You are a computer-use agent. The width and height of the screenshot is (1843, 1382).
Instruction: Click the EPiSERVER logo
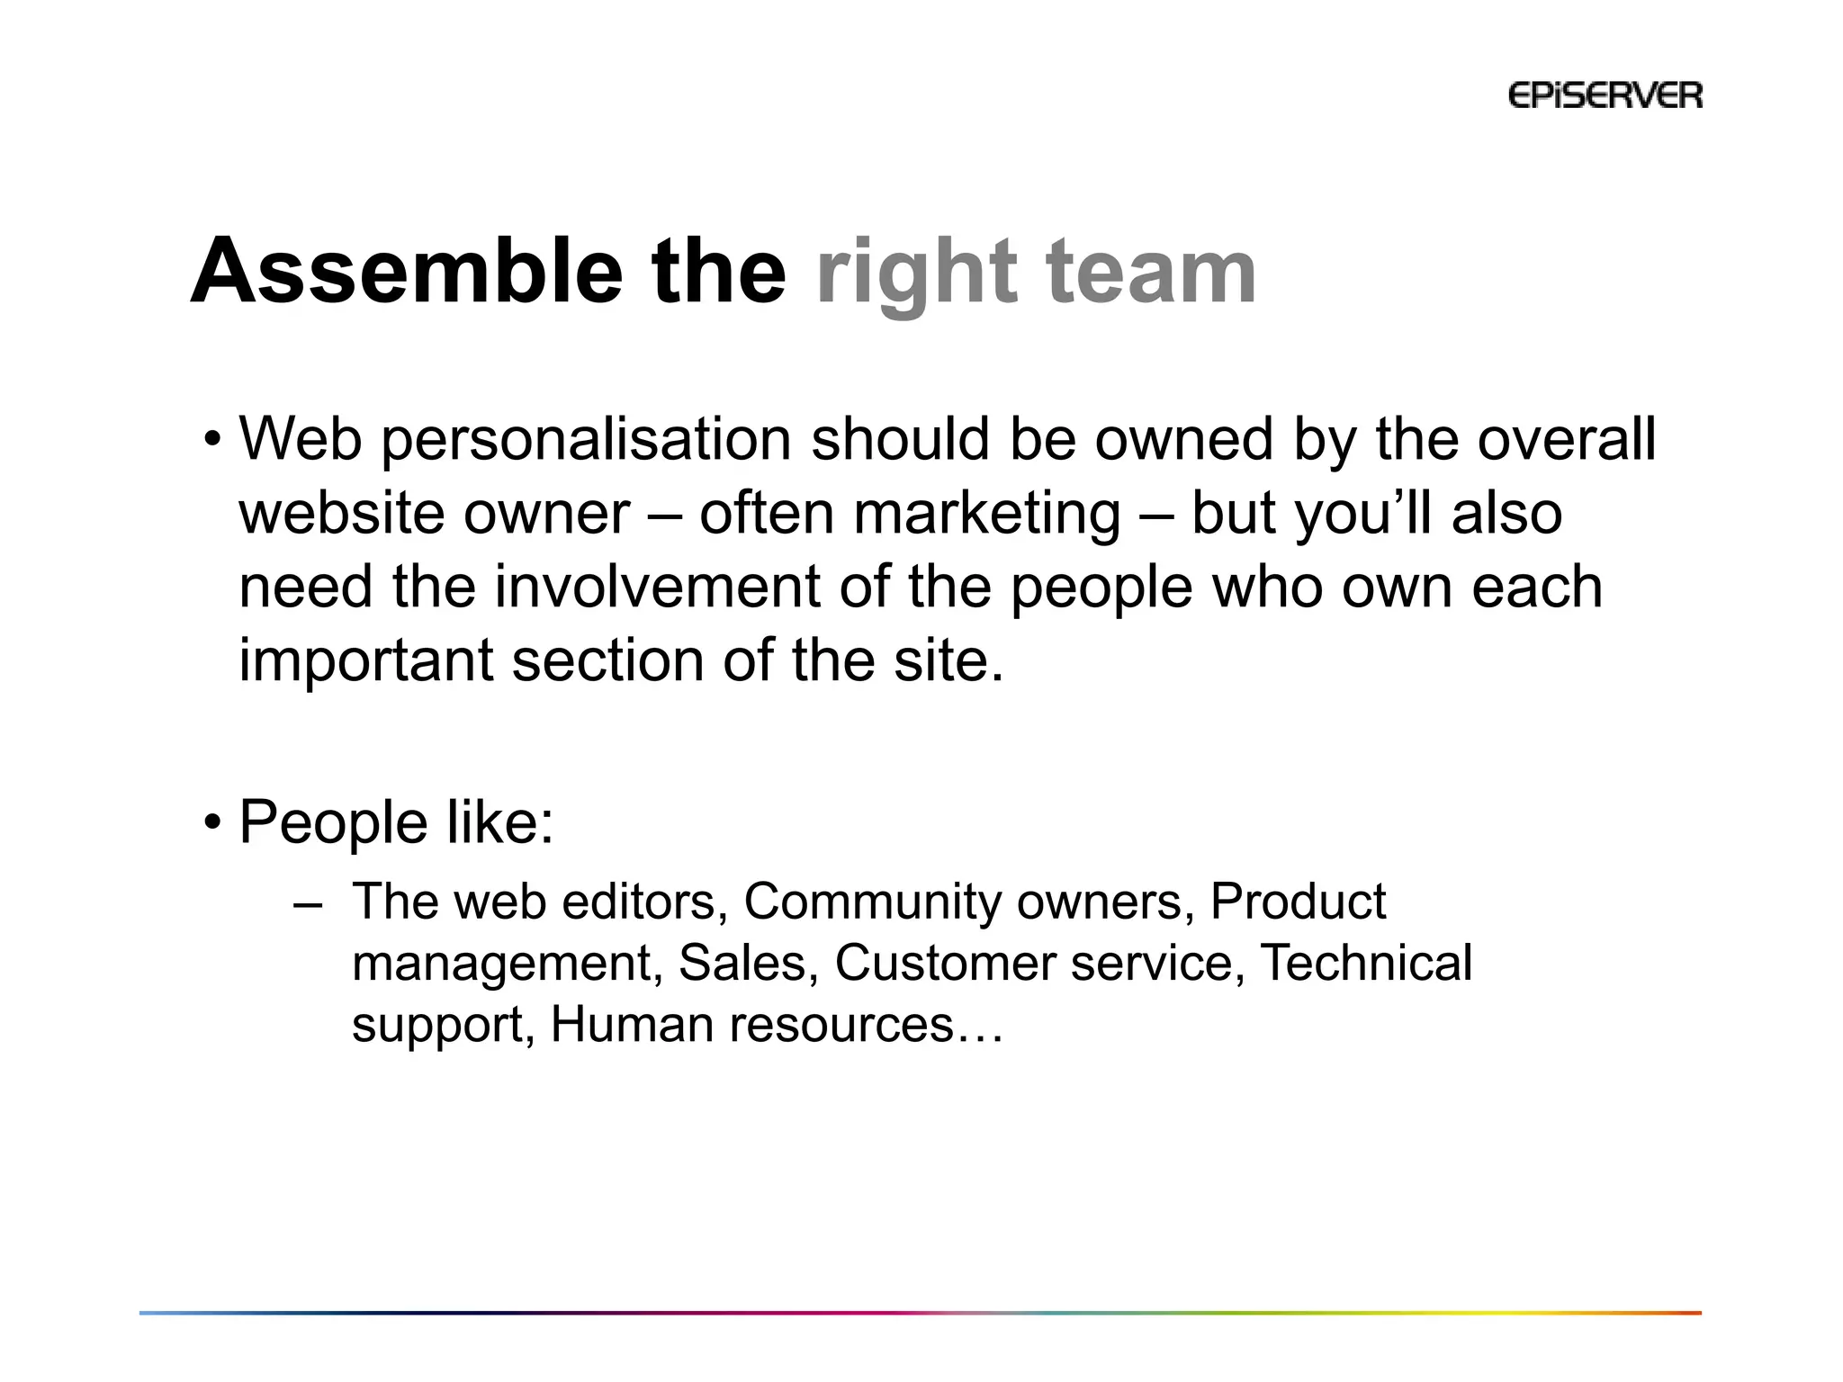click(1605, 95)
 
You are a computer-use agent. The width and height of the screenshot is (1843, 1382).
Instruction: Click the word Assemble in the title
click(406, 271)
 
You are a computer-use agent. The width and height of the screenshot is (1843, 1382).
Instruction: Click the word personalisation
click(586, 441)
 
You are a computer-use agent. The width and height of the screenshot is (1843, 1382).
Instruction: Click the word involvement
click(656, 587)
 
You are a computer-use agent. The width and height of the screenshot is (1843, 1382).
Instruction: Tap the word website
click(342, 514)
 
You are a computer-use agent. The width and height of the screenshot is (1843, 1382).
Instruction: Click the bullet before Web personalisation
click(212, 440)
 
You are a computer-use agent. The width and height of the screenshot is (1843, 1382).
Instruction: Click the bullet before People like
click(212, 821)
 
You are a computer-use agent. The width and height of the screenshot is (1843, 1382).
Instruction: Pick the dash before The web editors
click(307, 902)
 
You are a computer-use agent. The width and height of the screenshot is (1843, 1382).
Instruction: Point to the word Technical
click(1365, 963)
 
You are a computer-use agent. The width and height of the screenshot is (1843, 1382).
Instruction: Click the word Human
click(632, 1024)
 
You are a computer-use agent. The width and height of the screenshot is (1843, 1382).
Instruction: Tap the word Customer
click(944, 963)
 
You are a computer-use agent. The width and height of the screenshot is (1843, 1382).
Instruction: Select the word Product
click(1298, 902)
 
